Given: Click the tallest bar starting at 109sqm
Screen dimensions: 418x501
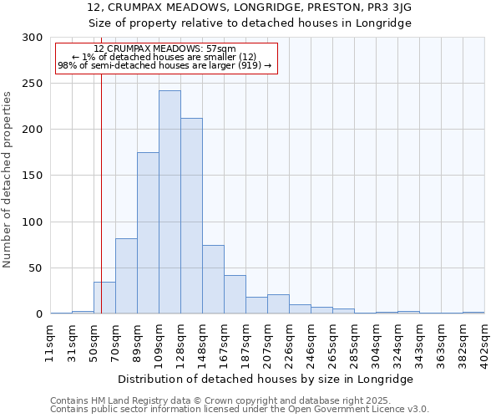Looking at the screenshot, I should pyautogui.click(x=170, y=202).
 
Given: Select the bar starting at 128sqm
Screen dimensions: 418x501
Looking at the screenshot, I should pyautogui.click(x=191, y=217).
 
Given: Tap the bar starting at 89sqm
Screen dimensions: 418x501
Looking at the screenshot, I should pyautogui.click(x=148, y=233).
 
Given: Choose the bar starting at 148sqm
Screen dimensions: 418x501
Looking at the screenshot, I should pyautogui.click(x=213, y=280).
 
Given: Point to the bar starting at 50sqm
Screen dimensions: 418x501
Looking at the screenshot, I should pyautogui.click(x=104, y=298).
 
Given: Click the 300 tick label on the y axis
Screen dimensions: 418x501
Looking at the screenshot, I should pyautogui.click(x=33, y=38).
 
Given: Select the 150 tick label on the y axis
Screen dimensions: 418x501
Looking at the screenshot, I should pyautogui.click(x=33, y=176).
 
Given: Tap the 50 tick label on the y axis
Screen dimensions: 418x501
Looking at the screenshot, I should pyautogui.click(x=36, y=268).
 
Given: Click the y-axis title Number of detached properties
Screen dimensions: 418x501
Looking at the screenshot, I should pyautogui.click(x=8, y=180).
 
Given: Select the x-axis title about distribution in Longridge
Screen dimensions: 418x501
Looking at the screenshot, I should pyautogui.click(x=267, y=379).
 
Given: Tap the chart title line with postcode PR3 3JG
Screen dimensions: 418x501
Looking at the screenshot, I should pyautogui.click(x=250, y=8).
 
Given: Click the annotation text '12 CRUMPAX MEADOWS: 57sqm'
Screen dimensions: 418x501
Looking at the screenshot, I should pyautogui.click(x=164, y=49).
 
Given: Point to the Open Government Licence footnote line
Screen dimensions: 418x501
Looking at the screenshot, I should pyautogui.click(x=240, y=410).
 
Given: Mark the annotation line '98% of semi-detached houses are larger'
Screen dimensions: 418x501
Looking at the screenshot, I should pyautogui.click(x=164, y=65).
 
